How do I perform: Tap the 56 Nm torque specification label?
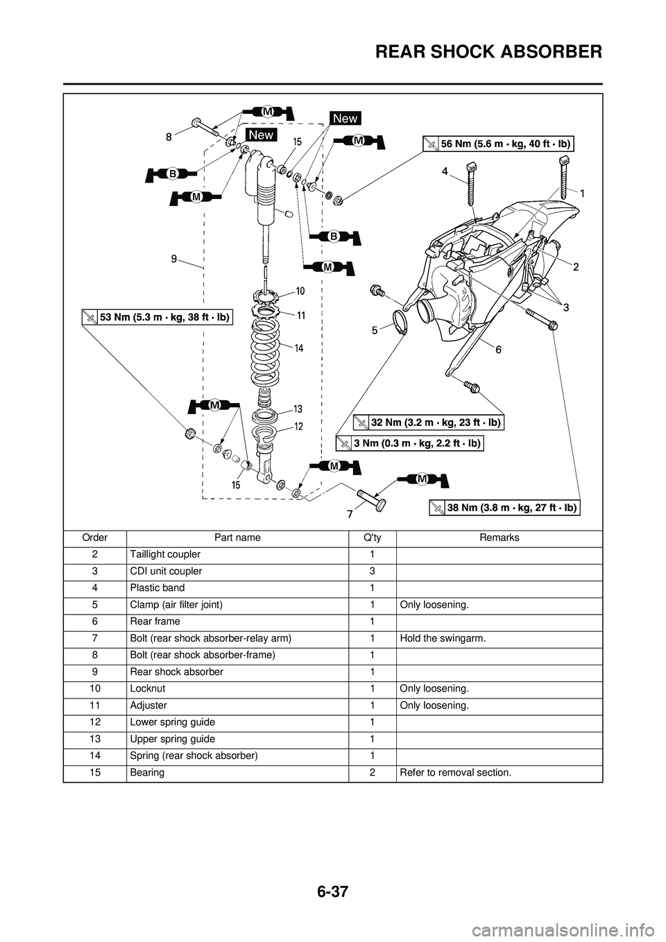click(x=506, y=144)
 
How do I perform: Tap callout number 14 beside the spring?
click(x=299, y=348)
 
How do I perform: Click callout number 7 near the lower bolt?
click(x=351, y=515)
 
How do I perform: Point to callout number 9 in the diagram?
click(x=172, y=258)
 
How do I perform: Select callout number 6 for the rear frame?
click(x=497, y=351)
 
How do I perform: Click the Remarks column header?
click(x=499, y=538)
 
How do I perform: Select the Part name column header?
click(x=237, y=538)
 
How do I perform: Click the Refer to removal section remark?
click(x=456, y=773)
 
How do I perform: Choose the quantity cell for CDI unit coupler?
click(x=373, y=571)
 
